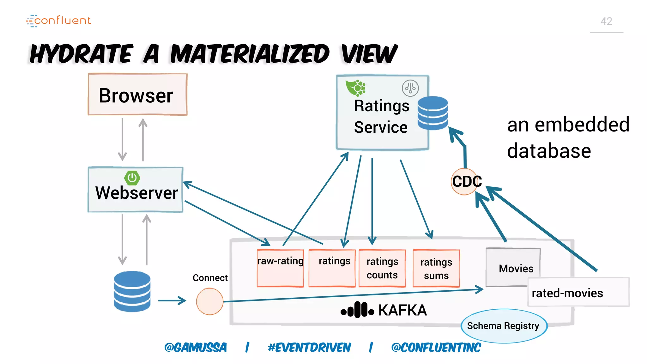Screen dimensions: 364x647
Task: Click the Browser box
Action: click(x=137, y=94)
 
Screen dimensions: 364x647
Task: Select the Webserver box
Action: click(x=136, y=190)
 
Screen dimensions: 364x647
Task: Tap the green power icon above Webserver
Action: click(x=132, y=178)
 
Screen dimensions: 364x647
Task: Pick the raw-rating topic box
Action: click(x=280, y=268)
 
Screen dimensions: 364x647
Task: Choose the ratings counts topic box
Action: click(x=382, y=268)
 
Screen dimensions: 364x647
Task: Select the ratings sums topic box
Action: click(x=436, y=268)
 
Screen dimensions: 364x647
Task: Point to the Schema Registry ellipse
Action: click(x=504, y=326)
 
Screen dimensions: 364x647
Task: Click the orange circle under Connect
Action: click(x=209, y=301)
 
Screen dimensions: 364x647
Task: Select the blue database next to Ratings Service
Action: click(x=432, y=113)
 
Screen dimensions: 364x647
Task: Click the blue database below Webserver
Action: click(x=132, y=291)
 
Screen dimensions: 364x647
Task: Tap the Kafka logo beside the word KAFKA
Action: click(x=357, y=310)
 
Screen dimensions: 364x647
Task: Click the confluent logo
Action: click(x=59, y=21)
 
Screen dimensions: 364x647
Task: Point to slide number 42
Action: click(x=606, y=21)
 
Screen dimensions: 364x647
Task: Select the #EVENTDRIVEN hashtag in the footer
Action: click(x=309, y=348)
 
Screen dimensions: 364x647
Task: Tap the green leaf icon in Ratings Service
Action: click(x=355, y=88)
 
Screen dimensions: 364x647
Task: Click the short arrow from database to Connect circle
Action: click(x=172, y=300)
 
